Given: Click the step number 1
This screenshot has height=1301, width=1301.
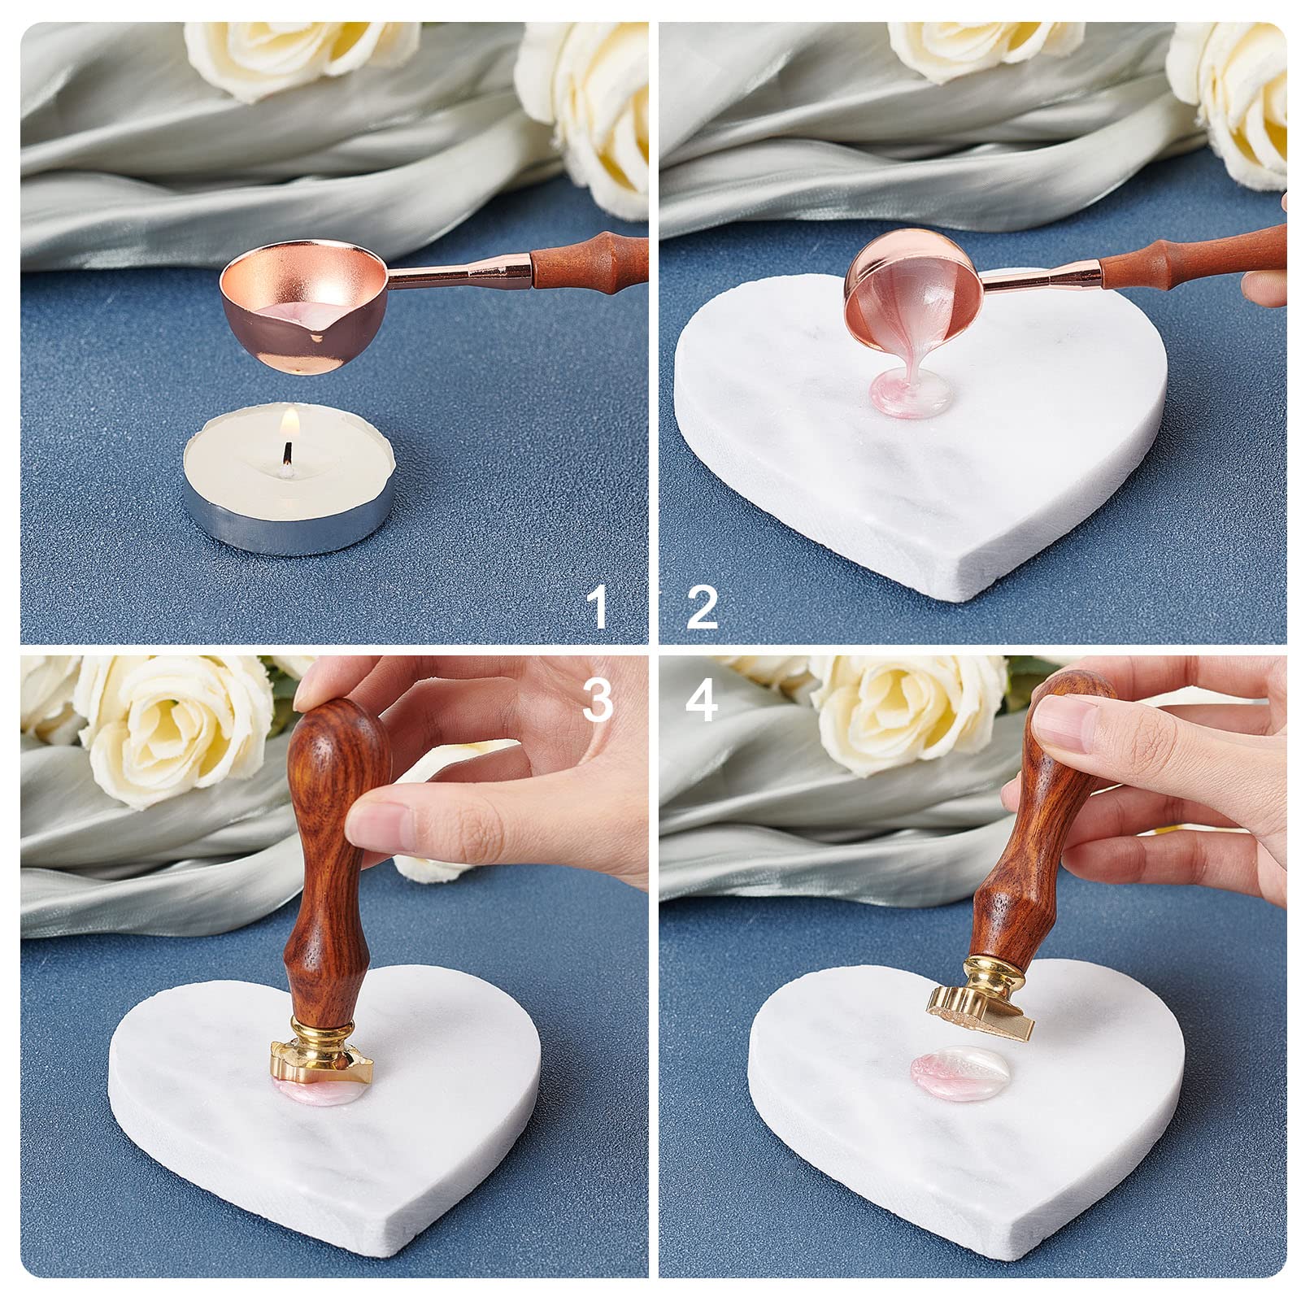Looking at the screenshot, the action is (x=599, y=606).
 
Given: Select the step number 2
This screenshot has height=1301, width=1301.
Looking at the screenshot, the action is (x=702, y=606).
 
